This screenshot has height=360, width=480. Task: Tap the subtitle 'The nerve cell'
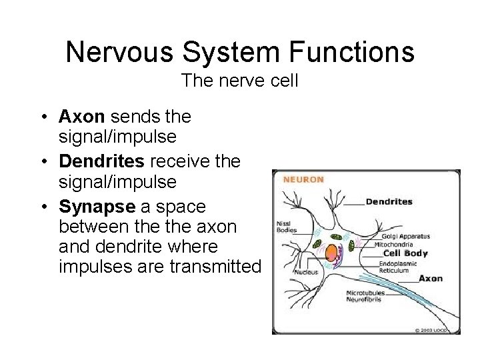pyautogui.click(x=239, y=81)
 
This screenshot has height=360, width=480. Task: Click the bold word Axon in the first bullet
pyautogui.click(x=81, y=117)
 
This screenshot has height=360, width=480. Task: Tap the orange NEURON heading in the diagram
pyautogui.click(x=303, y=179)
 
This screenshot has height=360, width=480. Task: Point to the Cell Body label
pyautogui.click(x=405, y=254)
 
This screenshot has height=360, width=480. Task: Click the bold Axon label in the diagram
pyautogui.click(x=430, y=279)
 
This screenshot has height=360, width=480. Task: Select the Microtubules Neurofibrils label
pyautogui.click(x=365, y=297)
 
